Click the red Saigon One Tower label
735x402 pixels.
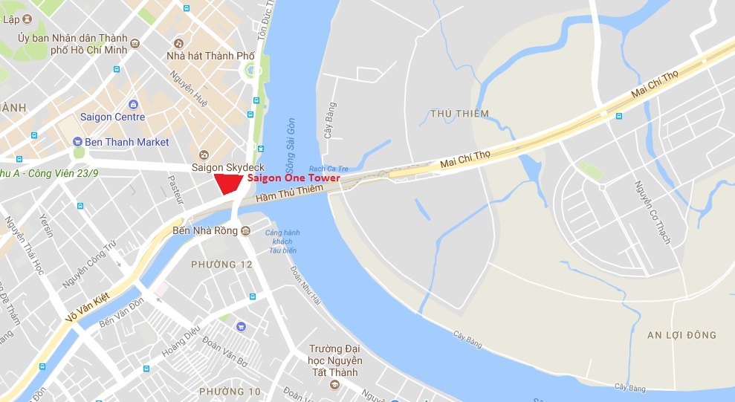click(x=294, y=178)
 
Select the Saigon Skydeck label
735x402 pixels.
click(x=228, y=167)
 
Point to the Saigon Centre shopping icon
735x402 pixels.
click(x=133, y=104)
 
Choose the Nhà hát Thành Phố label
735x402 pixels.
click(x=210, y=56)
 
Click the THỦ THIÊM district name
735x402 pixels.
click(x=459, y=114)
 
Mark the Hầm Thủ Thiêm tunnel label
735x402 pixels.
click(x=289, y=193)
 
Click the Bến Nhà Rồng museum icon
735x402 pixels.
click(x=245, y=230)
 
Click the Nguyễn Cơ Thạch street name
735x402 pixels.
click(x=653, y=212)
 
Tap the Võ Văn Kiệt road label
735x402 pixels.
click(x=88, y=306)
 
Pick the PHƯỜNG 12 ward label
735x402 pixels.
click(x=221, y=265)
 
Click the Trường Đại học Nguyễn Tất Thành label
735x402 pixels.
click(x=334, y=360)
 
